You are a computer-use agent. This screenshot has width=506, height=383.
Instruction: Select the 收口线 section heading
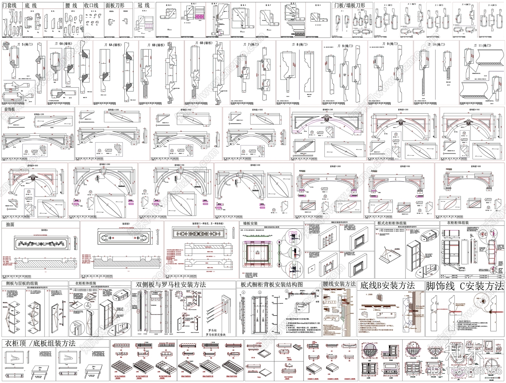pos(91,5)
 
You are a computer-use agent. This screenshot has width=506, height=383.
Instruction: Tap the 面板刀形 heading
pos(115,5)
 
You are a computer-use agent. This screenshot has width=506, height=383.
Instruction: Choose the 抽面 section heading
pos(10,224)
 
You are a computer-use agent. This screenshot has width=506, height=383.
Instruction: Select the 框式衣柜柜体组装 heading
pos(392,223)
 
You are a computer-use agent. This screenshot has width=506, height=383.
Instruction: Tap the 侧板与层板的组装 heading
pos(20,283)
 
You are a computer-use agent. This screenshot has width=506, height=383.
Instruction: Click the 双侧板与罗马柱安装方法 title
pos(171,284)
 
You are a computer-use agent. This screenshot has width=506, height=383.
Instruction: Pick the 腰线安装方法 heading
pos(339,284)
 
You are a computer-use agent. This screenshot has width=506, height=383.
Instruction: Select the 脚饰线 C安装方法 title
pos(465,286)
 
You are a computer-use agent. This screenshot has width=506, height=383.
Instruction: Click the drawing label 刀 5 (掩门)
pos(21,44)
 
